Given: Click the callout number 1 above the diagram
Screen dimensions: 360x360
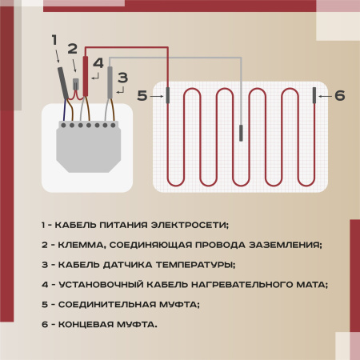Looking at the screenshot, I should (x=54, y=39).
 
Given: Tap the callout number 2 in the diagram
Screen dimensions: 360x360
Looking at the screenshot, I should (x=72, y=50).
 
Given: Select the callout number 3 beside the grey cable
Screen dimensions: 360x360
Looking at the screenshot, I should (x=122, y=78).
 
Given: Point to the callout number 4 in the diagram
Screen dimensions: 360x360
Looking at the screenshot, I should (x=98, y=62).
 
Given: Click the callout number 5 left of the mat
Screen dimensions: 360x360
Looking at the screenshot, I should (x=142, y=96).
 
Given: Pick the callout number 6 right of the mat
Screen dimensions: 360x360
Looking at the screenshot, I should (x=339, y=96).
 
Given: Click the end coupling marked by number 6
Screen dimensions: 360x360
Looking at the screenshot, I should (x=314, y=96).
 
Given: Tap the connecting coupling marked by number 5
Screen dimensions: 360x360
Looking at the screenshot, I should (x=168, y=96).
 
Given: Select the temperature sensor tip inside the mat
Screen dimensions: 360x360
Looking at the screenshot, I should (x=241, y=130).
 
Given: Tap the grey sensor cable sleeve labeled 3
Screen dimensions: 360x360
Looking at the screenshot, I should (x=110, y=85).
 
